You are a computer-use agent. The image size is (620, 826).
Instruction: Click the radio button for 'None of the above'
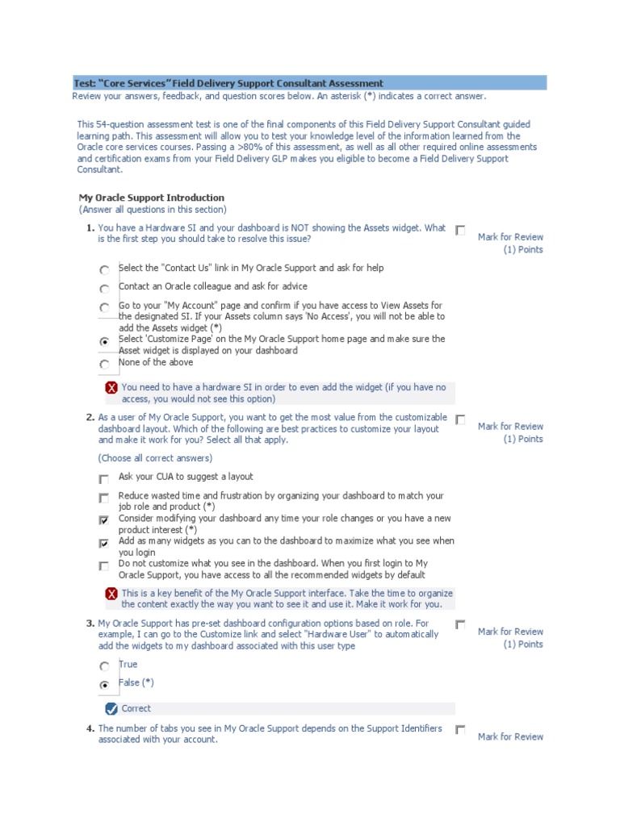tap(104, 365)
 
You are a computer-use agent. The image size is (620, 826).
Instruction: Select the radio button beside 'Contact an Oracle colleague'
tap(104, 289)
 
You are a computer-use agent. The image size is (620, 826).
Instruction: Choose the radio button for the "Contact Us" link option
tap(104, 270)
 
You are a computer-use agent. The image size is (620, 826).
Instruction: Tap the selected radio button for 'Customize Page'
tap(104, 342)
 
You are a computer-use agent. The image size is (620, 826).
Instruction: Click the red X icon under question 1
tap(111, 388)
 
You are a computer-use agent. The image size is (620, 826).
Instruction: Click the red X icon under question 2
tap(111, 594)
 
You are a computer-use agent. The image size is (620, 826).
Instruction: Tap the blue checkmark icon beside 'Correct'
tap(111, 709)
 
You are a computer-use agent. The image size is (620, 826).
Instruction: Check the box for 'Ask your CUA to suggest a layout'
tap(104, 479)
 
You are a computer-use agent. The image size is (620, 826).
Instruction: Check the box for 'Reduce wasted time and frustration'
tap(104, 499)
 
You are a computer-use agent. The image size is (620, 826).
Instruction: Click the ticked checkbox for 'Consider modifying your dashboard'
tap(104, 520)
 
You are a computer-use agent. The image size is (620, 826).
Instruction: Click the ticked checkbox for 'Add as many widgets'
tap(104, 543)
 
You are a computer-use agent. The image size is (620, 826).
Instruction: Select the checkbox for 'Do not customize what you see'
tap(104, 565)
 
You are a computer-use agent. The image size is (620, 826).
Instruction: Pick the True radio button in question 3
tap(104, 667)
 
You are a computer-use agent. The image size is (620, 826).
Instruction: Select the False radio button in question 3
tap(104, 686)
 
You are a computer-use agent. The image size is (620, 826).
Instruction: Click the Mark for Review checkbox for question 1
tap(460, 231)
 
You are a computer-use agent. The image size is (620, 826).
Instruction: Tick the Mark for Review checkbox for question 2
tap(460, 419)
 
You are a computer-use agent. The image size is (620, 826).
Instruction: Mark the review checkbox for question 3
tap(460, 625)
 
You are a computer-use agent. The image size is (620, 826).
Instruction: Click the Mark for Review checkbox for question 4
tap(460, 730)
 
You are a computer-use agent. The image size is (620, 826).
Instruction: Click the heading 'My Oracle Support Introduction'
tap(151, 198)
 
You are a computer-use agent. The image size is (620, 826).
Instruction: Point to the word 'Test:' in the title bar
tap(85, 83)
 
